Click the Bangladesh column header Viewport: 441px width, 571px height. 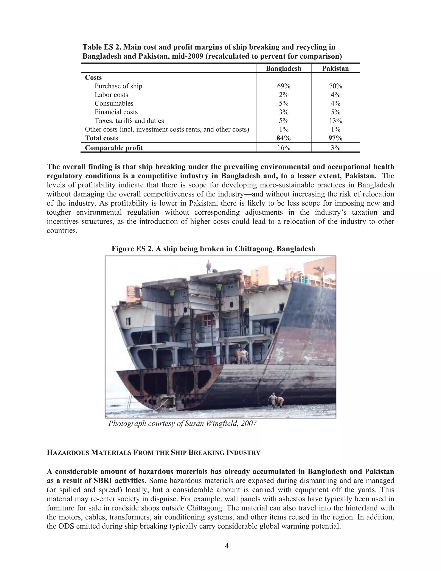283,69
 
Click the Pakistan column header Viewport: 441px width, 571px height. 335,69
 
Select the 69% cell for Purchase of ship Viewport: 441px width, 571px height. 283,86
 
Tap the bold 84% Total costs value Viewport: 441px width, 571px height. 283,138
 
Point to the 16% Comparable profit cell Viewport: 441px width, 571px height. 283,148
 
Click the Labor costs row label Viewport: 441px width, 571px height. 111,95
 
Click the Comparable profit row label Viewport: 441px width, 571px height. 114,148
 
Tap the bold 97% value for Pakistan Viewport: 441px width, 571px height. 335,138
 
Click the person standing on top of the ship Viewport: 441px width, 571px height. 208,267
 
